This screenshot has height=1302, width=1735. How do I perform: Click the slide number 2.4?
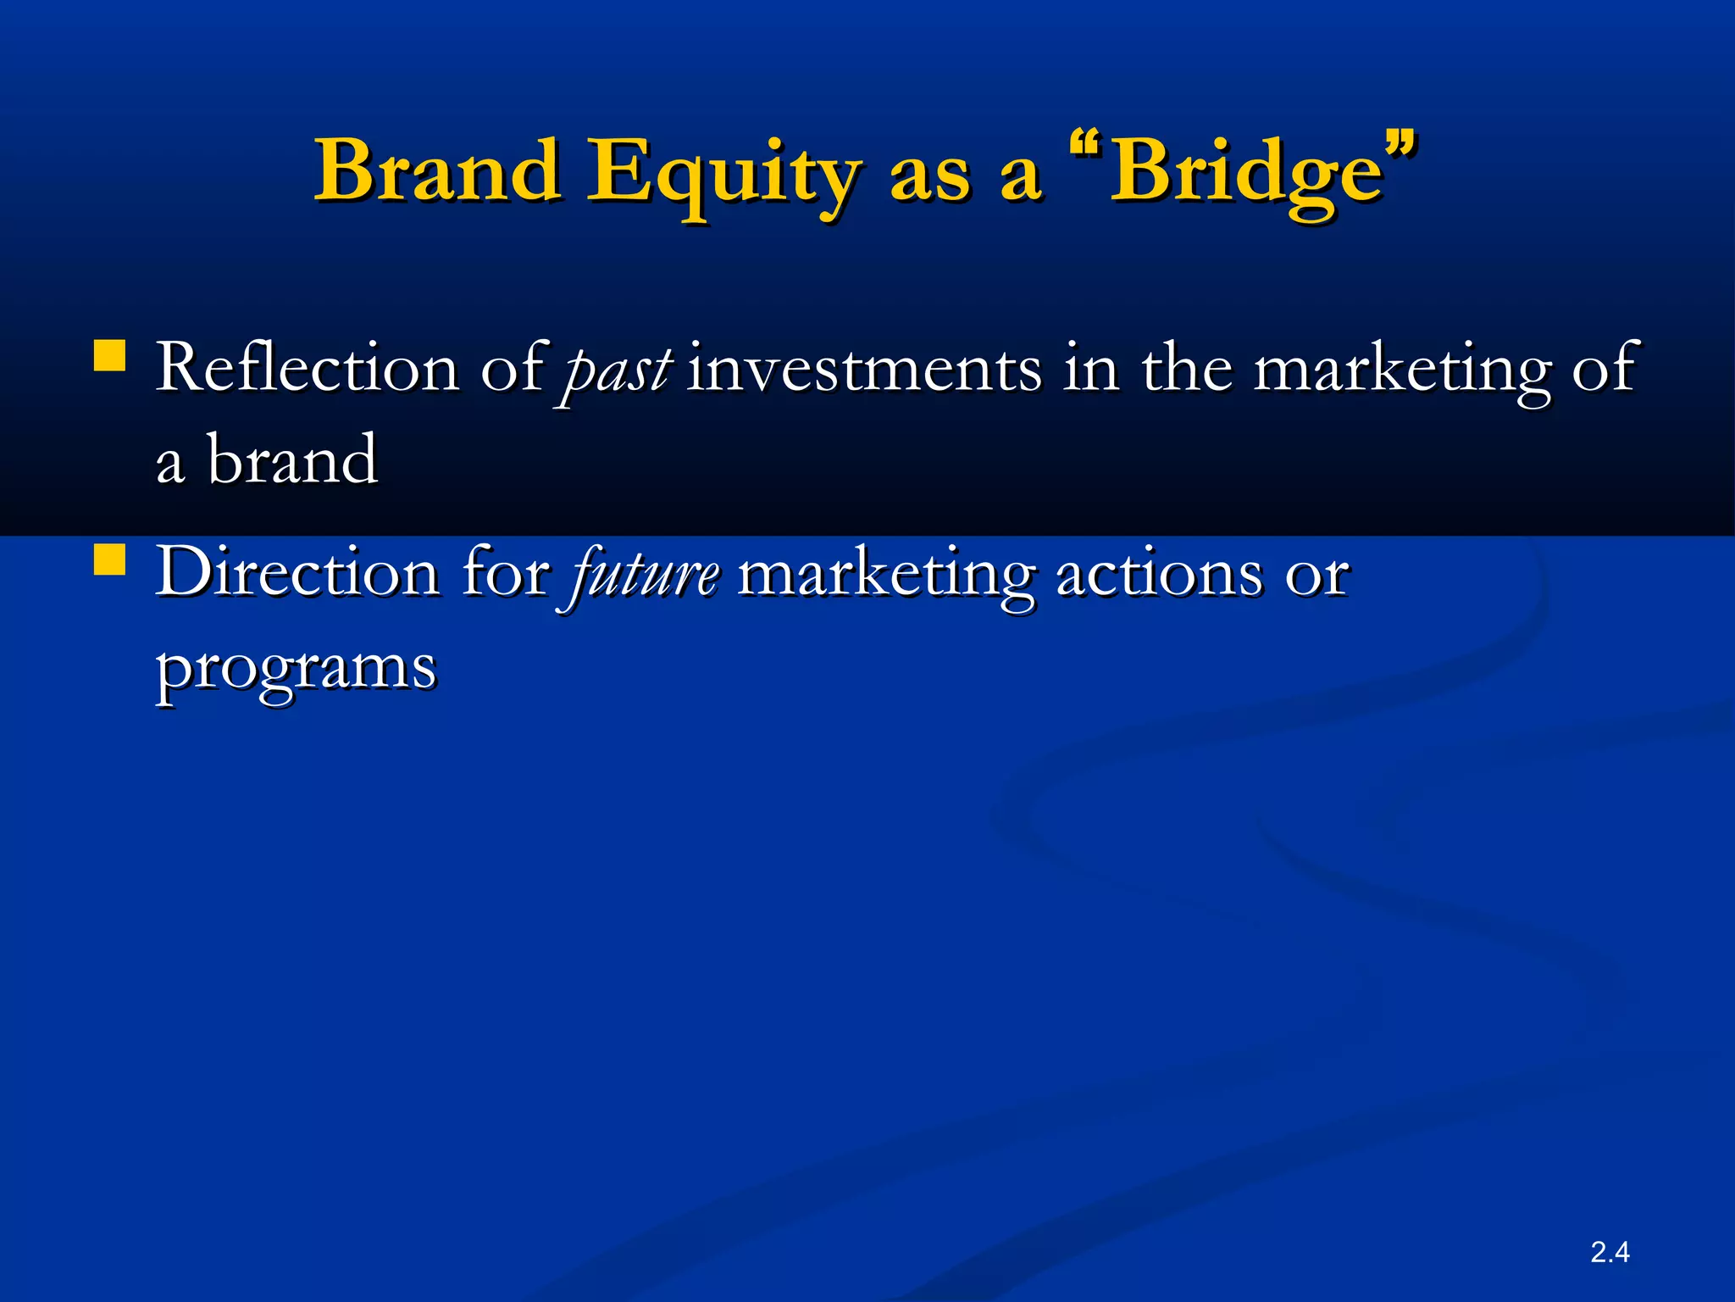point(1610,1251)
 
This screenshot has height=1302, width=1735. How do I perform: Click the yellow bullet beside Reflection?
point(109,356)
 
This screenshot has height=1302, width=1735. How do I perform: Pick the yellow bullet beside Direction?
point(109,559)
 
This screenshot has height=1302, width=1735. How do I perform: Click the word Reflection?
point(307,368)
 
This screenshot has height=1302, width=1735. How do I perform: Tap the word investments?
point(864,370)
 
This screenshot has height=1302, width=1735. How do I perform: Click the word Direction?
point(297,573)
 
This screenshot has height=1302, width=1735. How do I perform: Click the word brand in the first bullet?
point(292,460)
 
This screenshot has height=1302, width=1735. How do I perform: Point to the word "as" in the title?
point(928,176)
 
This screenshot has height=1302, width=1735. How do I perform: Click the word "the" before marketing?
point(1186,368)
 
